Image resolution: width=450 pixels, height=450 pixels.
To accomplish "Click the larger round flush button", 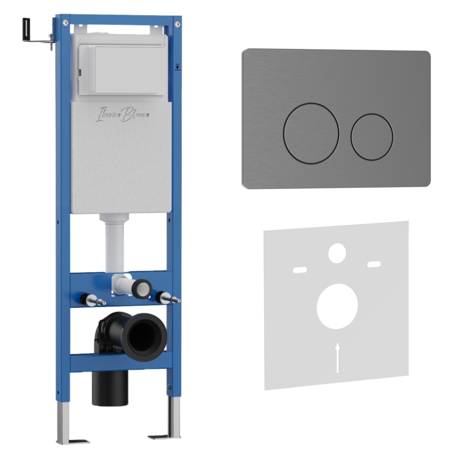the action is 311,133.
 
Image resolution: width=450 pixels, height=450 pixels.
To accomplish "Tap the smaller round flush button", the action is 372,137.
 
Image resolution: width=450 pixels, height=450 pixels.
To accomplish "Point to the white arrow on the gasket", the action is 338,357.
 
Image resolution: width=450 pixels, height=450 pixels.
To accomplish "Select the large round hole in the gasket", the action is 337,306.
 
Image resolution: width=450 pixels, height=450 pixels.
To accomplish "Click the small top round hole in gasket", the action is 337,253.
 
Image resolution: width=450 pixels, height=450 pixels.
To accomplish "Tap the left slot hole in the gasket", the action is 300,270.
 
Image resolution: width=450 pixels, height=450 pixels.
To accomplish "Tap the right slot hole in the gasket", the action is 374,264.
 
